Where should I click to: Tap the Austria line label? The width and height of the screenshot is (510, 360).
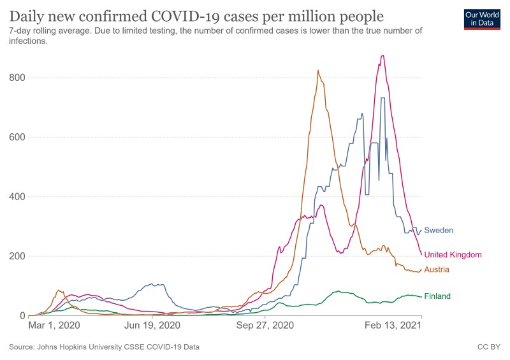coord(437,270)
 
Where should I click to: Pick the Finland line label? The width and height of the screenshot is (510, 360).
coord(437,296)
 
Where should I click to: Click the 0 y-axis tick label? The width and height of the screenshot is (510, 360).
coord(21,316)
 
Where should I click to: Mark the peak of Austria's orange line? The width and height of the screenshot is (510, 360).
coord(318,70)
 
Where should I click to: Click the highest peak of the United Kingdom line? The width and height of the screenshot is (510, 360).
coord(382,55)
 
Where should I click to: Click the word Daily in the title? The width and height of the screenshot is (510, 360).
coord(27,15)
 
